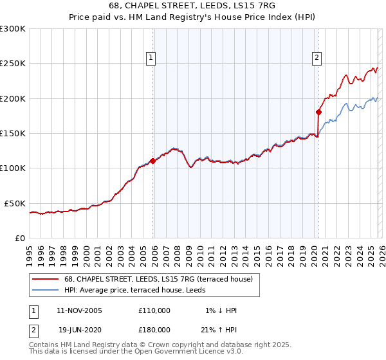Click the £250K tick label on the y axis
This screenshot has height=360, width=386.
13,64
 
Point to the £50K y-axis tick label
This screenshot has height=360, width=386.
15,203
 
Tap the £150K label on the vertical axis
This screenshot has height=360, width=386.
13,134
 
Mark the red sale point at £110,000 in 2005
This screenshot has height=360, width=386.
152,161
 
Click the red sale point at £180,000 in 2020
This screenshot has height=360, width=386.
318,112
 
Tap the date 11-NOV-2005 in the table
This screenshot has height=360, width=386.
79,310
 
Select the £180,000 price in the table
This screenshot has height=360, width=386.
154,329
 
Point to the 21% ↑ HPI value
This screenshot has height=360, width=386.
219,329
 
